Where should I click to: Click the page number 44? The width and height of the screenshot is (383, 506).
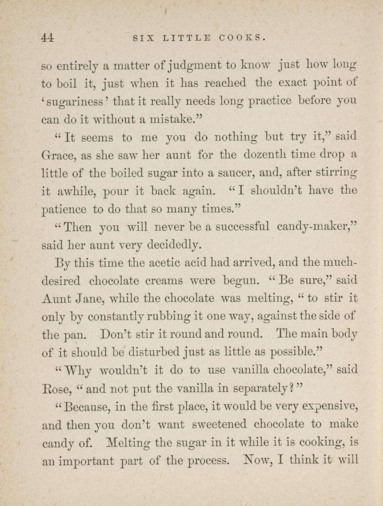point(48,37)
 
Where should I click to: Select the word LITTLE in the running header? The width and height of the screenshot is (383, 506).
point(187,37)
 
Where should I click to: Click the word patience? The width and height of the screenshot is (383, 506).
point(64,210)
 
